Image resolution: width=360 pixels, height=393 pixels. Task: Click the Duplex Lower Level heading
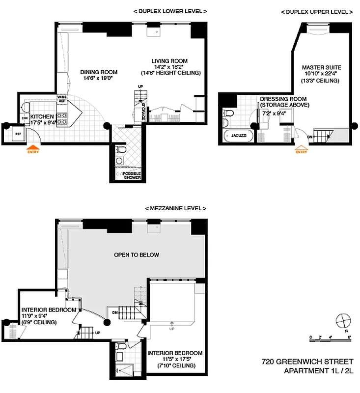pos(170,11)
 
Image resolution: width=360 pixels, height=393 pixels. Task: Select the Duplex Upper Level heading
pos(316,11)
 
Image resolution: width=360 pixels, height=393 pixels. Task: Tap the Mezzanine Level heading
pos(175,208)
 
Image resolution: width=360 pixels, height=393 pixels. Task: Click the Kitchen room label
pos(42,116)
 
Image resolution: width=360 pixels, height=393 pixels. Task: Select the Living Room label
pos(169,61)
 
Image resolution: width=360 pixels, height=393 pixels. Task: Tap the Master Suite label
pos(321,67)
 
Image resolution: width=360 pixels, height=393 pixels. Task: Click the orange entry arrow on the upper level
pos(301,148)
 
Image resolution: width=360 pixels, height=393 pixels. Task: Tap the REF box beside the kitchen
pos(18,133)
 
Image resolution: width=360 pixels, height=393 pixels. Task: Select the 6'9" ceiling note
pos(39,322)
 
